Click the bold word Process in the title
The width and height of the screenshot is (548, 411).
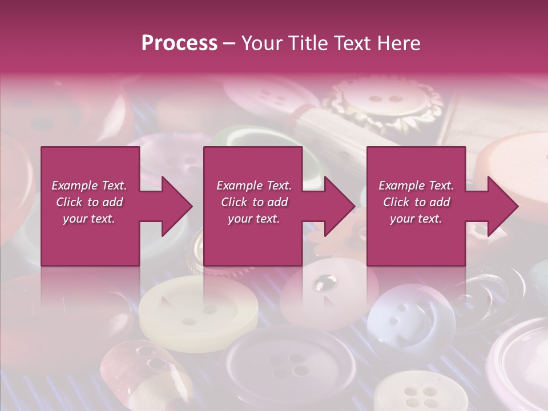pyautogui.click(x=179, y=43)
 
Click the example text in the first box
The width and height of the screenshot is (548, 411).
pyautogui.click(x=90, y=202)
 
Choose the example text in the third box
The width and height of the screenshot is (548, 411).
pyautogui.click(x=416, y=202)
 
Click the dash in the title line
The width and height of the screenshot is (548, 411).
pyautogui.click(x=229, y=43)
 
